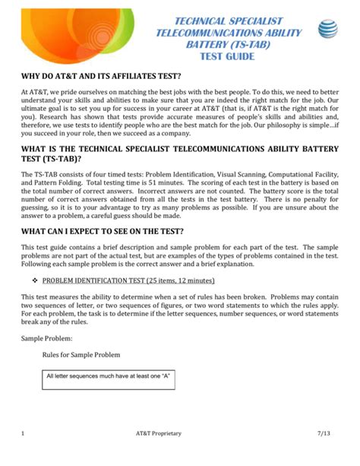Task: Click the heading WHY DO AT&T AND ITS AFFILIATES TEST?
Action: point(101,77)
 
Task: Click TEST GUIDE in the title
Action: point(229,57)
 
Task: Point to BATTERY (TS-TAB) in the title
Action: point(229,45)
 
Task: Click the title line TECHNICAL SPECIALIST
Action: point(229,21)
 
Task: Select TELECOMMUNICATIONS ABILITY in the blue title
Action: point(229,33)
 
